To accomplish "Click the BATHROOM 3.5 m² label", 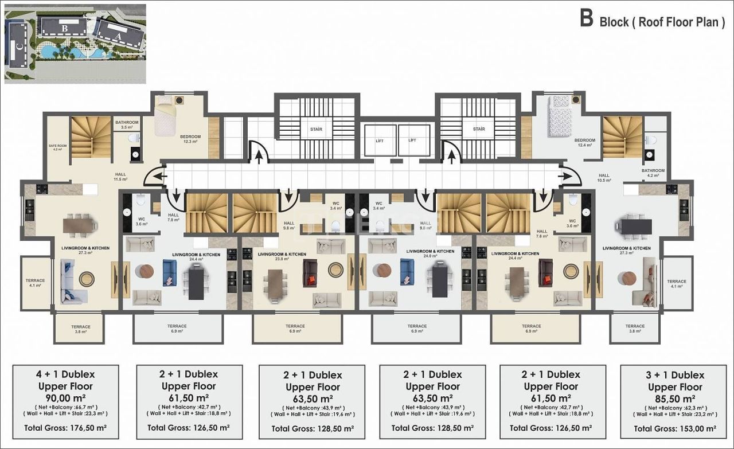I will click(127, 124).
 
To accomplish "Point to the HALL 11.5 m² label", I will click(120, 176).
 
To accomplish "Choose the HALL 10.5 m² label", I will click(604, 178).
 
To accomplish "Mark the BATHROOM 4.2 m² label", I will click(653, 173).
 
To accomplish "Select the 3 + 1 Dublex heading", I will click(675, 375).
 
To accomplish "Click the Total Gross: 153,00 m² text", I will click(675, 428).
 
